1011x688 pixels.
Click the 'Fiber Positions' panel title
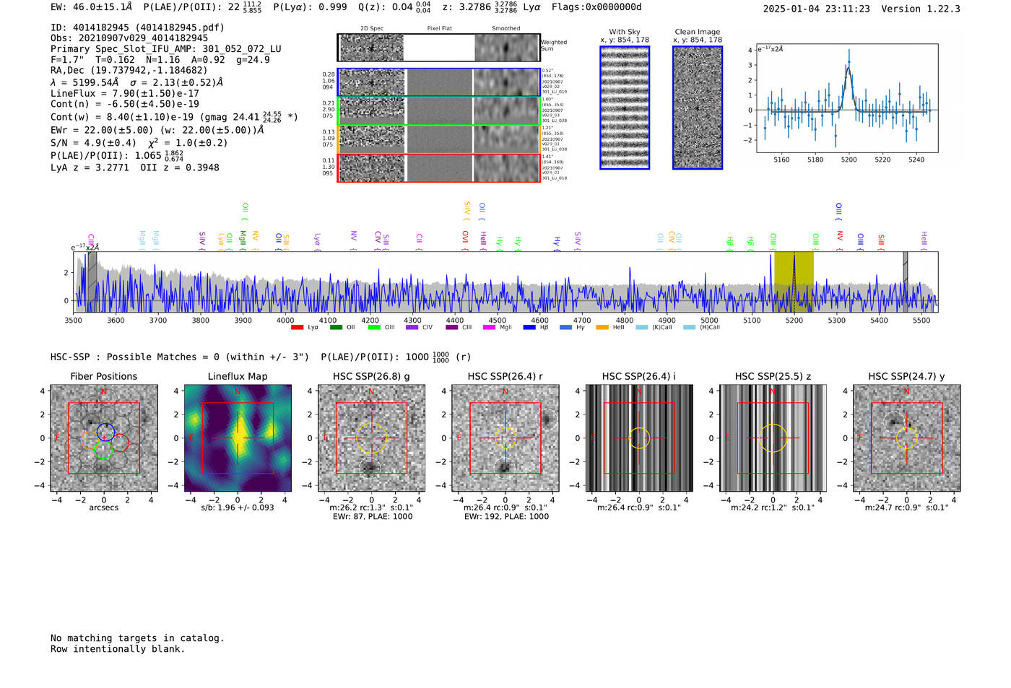[103, 376]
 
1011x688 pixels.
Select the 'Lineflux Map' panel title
[238, 376]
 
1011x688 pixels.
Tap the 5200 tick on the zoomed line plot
[849, 160]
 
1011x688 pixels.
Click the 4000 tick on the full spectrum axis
[285, 320]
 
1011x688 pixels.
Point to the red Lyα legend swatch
[297, 328]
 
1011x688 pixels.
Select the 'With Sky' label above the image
[625, 32]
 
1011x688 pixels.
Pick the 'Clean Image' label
[697, 32]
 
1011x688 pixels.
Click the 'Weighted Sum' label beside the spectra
[553, 45]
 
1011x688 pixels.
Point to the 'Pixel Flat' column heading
[439, 29]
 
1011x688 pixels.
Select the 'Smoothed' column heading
[506, 29]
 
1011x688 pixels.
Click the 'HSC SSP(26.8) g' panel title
[371, 376]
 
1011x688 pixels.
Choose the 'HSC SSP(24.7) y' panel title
[906, 376]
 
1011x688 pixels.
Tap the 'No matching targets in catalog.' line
[137, 638]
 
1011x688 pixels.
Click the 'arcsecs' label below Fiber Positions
[103, 508]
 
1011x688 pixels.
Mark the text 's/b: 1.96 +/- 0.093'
[238, 508]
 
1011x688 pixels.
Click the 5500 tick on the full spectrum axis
[921, 320]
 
